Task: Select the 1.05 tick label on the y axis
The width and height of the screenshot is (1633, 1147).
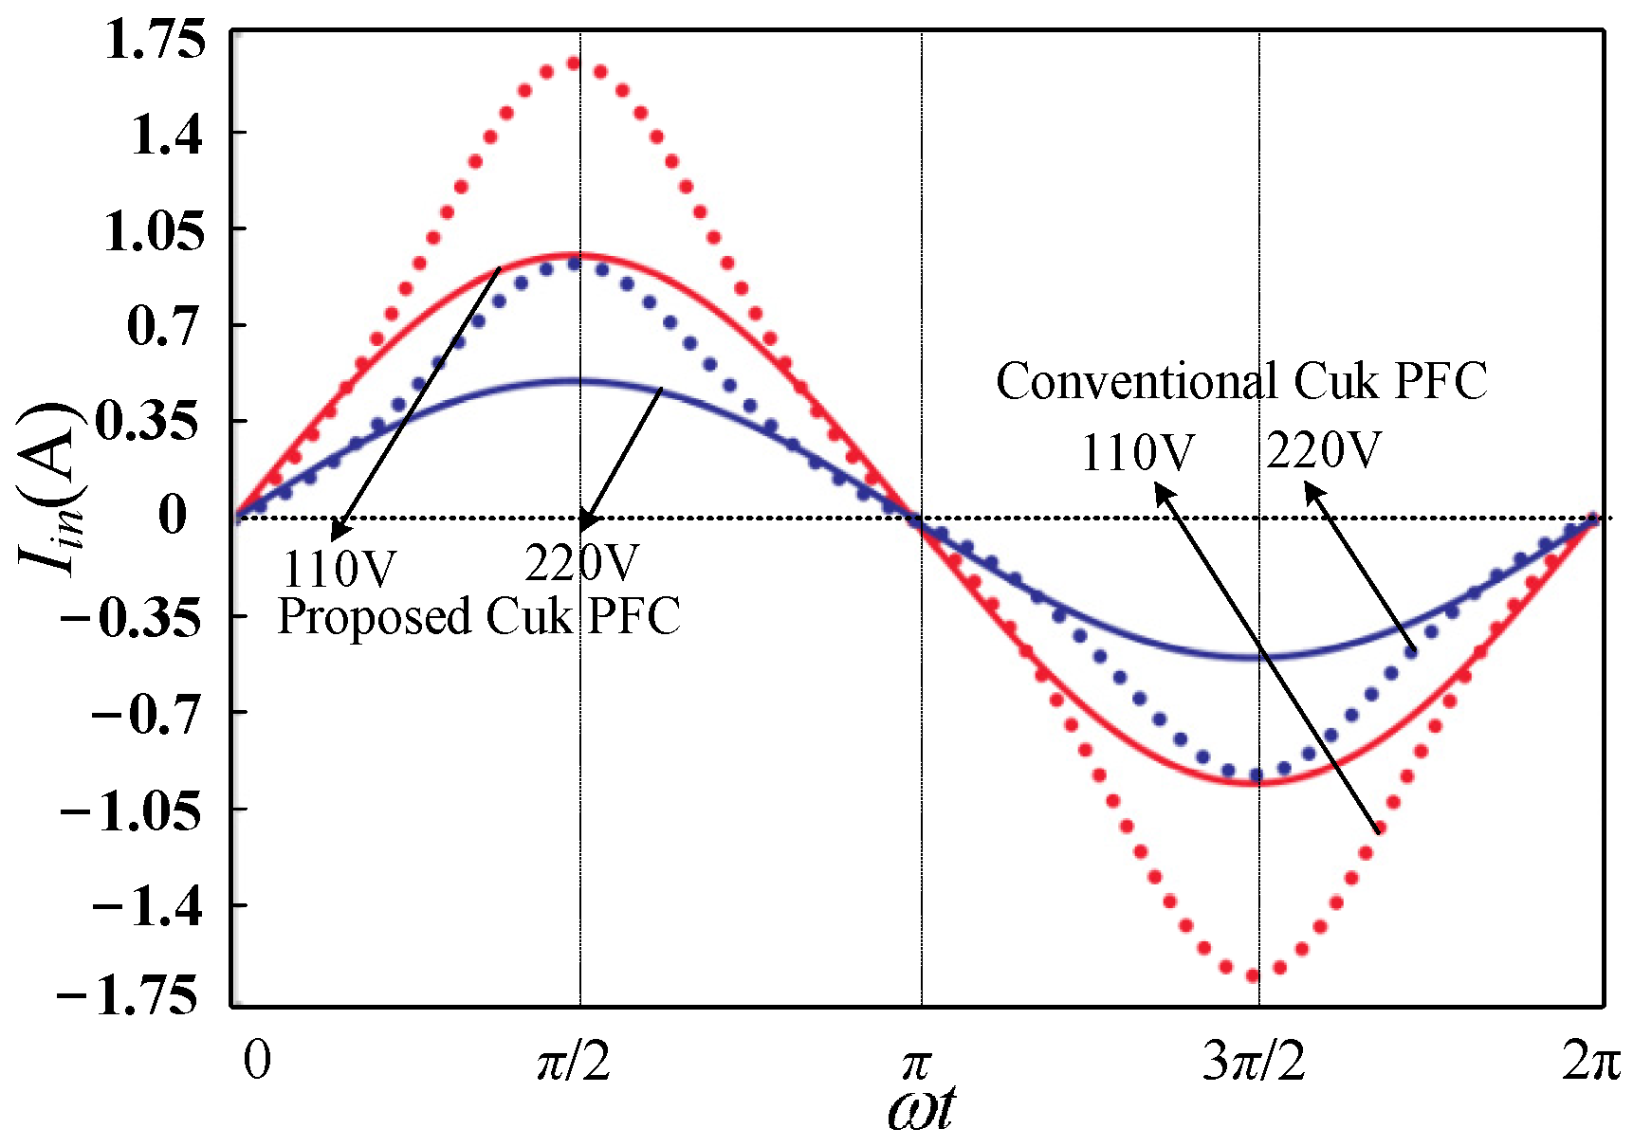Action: tap(155, 230)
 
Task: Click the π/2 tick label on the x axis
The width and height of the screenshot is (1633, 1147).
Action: tap(574, 1062)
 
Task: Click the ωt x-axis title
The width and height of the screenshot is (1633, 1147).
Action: tap(921, 1107)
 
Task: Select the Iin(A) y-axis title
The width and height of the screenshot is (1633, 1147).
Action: tap(53, 488)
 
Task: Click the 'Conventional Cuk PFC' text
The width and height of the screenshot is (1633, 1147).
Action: tap(1240, 382)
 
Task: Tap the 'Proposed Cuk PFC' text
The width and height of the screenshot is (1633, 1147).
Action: tap(479, 617)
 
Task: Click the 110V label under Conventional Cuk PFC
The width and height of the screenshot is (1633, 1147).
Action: tap(1137, 453)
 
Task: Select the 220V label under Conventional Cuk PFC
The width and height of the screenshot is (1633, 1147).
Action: tap(1324, 450)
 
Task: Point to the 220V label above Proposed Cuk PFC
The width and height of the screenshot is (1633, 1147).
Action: tap(581, 564)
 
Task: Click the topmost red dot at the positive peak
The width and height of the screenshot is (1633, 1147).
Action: tap(574, 64)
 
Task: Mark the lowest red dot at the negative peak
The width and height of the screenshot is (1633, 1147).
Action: tap(1253, 974)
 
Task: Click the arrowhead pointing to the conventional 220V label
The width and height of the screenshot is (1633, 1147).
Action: tap(1312, 489)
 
